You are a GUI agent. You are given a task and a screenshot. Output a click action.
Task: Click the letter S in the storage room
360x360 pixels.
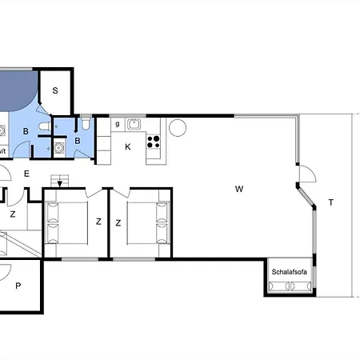coord(55,90)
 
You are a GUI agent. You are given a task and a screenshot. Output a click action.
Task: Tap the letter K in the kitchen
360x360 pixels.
coord(128,147)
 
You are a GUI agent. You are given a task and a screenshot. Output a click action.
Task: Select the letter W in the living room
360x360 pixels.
coord(239,189)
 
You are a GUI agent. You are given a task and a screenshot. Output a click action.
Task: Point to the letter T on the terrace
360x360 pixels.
coord(331,202)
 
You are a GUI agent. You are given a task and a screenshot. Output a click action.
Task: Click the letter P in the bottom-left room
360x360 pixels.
coord(18,286)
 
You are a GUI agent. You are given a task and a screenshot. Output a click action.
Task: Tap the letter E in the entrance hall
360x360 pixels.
coord(26,174)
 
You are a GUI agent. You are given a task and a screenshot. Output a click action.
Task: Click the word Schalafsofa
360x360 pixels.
coord(289,272)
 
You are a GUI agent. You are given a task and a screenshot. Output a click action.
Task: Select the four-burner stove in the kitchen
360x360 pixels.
coord(154,142)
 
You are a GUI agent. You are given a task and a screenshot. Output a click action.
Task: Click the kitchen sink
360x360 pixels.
coord(134,124)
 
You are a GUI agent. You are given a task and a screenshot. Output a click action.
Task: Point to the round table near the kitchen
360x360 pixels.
coord(178,128)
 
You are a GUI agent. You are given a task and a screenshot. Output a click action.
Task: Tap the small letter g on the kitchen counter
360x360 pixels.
coord(118,124)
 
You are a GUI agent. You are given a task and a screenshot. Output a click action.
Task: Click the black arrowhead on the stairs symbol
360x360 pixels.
coord(60,184)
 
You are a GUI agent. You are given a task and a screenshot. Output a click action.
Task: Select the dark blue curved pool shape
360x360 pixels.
coord(17,90)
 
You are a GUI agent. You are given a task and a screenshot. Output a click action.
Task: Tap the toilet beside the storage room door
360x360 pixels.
coord(45,126)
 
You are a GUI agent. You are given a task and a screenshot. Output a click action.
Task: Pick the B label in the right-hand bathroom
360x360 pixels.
coord(78,141)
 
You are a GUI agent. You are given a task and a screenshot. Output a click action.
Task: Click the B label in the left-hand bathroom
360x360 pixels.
coord(26,131)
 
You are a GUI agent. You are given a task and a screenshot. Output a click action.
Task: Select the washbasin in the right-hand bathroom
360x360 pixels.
coord(59,147)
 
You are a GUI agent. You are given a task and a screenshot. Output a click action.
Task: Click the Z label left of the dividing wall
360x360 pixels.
coord(98,222)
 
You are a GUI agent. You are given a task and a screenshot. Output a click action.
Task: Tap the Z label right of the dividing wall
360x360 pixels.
coord(118,223)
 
